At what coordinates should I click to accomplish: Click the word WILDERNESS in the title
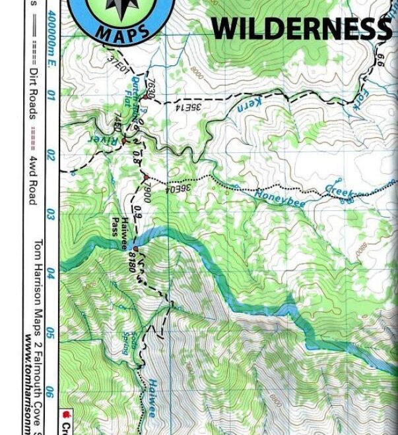[x=300, y=29]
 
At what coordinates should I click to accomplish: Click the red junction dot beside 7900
[x=146, y=177]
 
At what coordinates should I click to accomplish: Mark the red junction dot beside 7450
[x=123, y=141]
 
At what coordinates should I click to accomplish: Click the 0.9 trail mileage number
[x=138, y=213]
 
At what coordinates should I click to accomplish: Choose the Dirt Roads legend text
[x=32, y=92]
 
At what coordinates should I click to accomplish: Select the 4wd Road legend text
[x=32, y=181]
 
